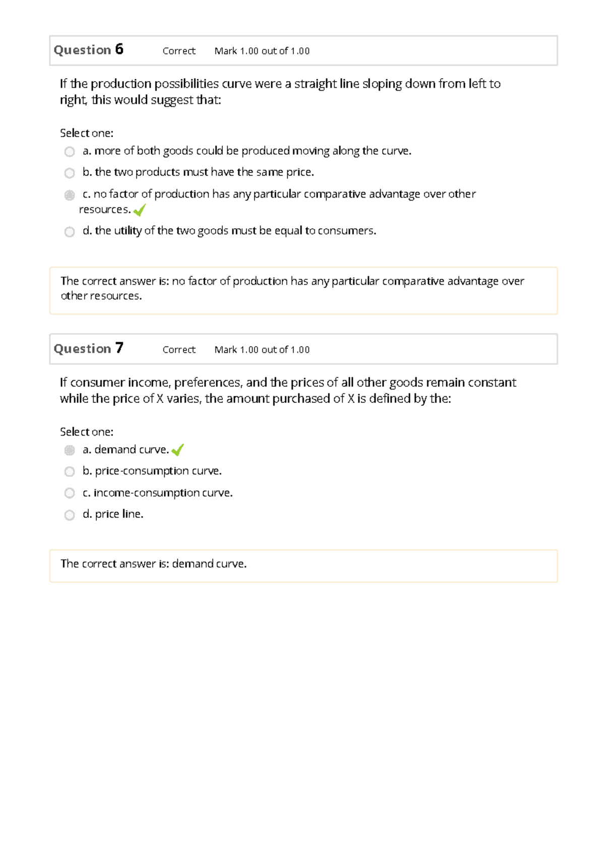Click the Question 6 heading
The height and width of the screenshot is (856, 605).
(x=88, y=50)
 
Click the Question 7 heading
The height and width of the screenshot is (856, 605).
(x=88, y=348)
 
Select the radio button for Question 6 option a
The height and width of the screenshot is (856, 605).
(x=70, y=152)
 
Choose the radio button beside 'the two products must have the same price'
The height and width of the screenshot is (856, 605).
(x=70, y=173)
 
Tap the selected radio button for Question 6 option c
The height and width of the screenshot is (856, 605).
(x=70, y=195)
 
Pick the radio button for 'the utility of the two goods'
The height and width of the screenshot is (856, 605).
(x=70, y=232)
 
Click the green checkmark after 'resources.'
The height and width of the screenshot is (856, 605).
(x=140, y=210)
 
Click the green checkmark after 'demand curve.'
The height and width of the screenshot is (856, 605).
(x=177, y=450)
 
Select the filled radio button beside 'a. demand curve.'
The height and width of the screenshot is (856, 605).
(x=70, y=450)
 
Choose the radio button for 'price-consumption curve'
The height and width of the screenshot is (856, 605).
(x=70, y=472)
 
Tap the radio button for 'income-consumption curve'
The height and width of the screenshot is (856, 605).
(x=70, y=493)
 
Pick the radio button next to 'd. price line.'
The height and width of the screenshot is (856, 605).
(x=70, y=515)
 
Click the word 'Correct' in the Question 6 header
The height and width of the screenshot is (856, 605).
(x=179, y=51)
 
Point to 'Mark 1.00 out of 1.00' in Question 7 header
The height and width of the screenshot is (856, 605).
(x=262, y=350)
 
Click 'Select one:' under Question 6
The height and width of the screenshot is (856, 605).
(x=87, y=133)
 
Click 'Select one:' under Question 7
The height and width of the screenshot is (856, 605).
(x=87, y=432)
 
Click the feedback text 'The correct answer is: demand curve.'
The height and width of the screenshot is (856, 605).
(x=153, y=564)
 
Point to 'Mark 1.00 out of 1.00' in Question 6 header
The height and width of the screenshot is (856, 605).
(x=262, y=51)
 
